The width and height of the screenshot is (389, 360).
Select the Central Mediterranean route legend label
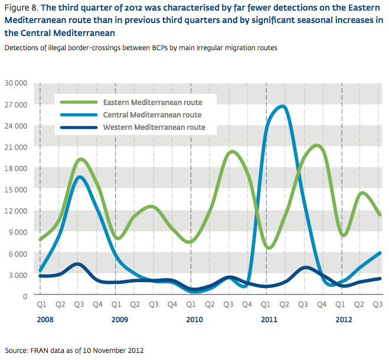pyautogui.click(x=152, y=114)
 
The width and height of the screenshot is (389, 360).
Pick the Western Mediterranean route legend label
pyautogui.click(x=154, y=127)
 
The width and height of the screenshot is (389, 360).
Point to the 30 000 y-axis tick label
pyautogui.click(x=15, y=83)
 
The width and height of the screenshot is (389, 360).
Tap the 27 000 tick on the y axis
pyautogui.click(x=15, y=104)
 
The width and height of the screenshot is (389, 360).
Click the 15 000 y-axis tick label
pyautogui.click(x=15, y=189)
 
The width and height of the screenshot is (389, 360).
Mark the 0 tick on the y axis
pyautogui.click(x=25, y=296)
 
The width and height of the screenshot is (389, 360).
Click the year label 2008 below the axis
pyautogui.click(x=46, y=320)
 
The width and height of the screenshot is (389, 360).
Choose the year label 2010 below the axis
pyautogui.click(x=195, y=320)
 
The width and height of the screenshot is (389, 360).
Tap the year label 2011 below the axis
pyautogui.click(x=269, y=320)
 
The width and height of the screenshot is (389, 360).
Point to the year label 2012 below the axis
pyautogui.click(x=344, y=320)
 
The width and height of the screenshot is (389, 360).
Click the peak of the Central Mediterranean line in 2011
pyautogui.click(x=282, y=107)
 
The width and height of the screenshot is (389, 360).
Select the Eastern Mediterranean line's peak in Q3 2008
pyautogui.click(x=82, y=159)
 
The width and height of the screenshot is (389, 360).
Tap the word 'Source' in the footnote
pyautogui.click(x=17, y=350)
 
